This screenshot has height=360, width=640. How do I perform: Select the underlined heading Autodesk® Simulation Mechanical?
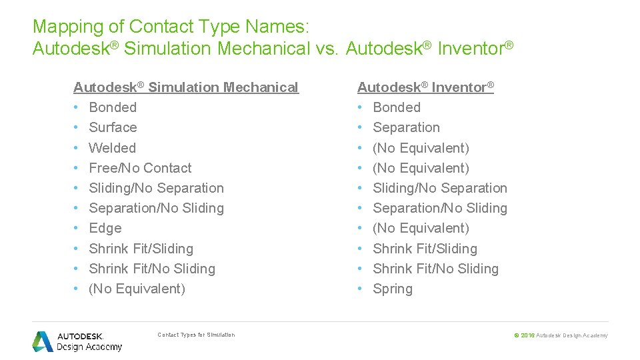click(x=185, y=87)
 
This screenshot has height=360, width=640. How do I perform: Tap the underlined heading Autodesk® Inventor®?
click(x=425, y=87)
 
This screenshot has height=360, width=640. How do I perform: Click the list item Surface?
click(x=113, y=127)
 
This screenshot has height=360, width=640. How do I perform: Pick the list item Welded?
click(x=112, y=148)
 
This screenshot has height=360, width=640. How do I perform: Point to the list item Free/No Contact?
click(x=140, y=168)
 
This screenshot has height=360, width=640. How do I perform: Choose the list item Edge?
click(x=105, y=228)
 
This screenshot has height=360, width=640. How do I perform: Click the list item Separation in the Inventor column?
click(x=406, y=127)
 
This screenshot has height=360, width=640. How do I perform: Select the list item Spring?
click(x=393, y=289)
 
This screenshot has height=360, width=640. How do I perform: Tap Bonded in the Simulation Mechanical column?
click(x=113, y=107)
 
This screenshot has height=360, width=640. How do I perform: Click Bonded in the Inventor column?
click(x=397, y=107)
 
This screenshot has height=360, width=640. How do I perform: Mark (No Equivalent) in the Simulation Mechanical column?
click(x=137, y=289)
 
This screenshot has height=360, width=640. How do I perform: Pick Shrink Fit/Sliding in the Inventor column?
click(x=425, y=249)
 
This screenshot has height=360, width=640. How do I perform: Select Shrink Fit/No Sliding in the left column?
click(x=152, y=269)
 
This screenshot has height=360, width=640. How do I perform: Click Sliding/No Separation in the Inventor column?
click(x=440, y=188)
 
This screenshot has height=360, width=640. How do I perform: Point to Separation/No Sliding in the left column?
click(x=156, y=208)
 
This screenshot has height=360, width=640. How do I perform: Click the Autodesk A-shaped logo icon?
click(x=43, y=341)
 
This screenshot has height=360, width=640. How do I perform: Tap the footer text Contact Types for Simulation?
click(x=196, y=335)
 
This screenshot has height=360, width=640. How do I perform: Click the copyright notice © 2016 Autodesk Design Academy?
click(x=561, y=335)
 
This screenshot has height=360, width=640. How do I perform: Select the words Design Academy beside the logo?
click(x=89, y=347)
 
